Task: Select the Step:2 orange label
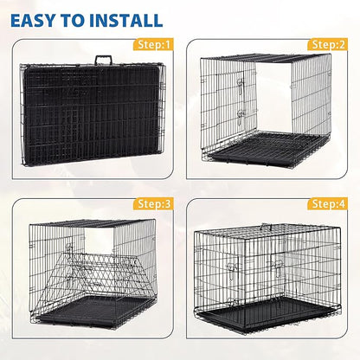[329, 43]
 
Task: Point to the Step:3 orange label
[153, 204]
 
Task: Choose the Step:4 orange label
[329, 204]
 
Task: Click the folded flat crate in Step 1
[87, 112]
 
